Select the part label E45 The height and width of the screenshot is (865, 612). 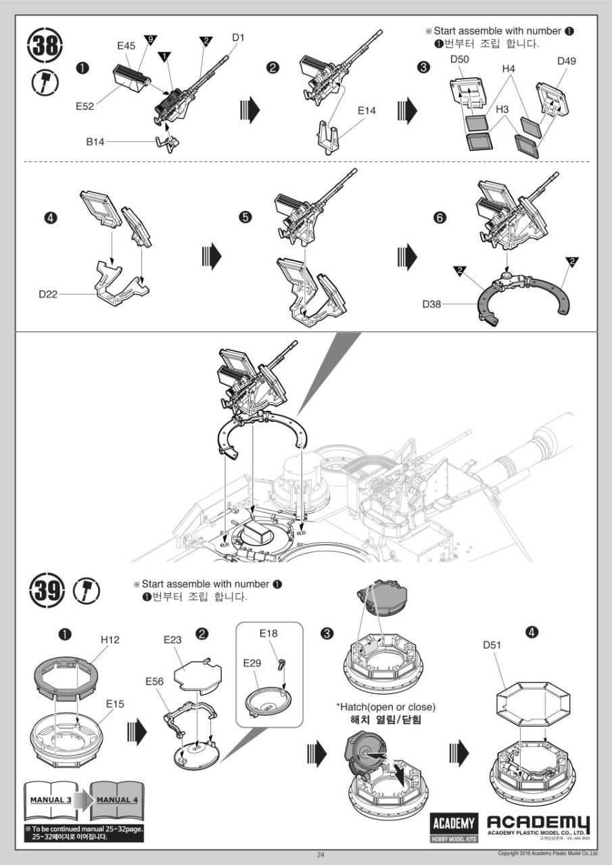point(126,45)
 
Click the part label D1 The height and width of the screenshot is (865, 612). point(237,38)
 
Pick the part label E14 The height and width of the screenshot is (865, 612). point(366,111)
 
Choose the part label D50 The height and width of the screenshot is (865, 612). point(460,60)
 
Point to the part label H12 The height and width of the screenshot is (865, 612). point(110,639)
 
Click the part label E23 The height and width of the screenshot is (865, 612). point(173,640)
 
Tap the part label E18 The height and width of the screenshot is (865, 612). point(268,634)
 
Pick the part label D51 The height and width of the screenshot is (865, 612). point(492,645)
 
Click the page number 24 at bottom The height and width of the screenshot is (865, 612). point(321,855)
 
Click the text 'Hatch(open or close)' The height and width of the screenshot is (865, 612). point(385,707)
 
